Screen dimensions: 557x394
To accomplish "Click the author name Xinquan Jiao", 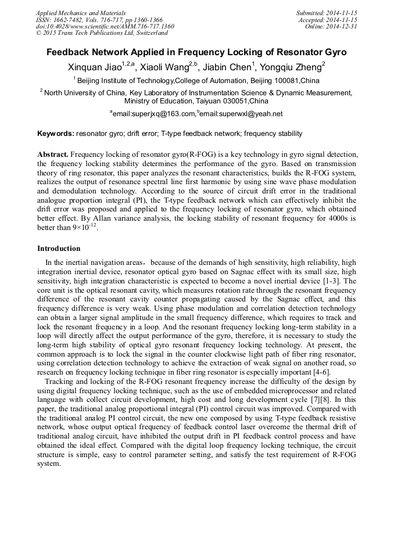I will point(92,67).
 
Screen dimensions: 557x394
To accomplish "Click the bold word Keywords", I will point(56,134).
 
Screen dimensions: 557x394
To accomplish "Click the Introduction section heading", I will point(59,249).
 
